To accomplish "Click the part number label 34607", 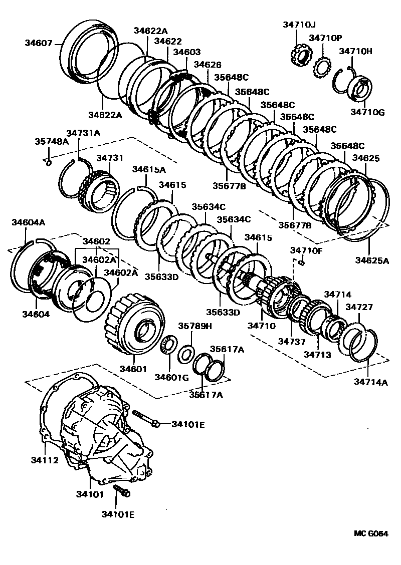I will tap(38, 44).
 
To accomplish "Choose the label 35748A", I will tap(52, 141).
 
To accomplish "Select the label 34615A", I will tap(148, 169).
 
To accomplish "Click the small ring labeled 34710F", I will tap(301, 262).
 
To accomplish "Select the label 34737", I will tap(294, 341).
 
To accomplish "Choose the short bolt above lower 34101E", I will tap(121, 491).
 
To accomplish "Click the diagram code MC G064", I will tap(371, 534).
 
